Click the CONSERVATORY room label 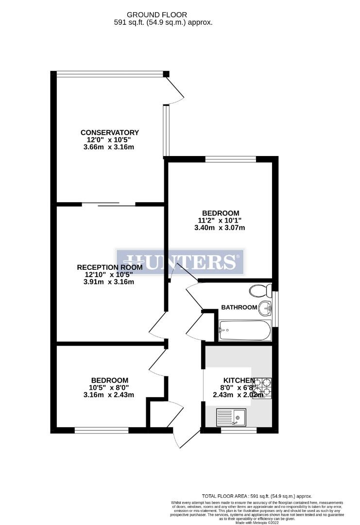pyautogui.click(x=110, y=133)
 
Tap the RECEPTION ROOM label pyautogui.click(x=110, y=267)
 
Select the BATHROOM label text pyautogui.click(x=239, y=307)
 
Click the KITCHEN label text pyautogui.click(x=239, y=380)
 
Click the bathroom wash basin pyautogui.click(x=265, y=307)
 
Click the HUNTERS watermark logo pyautogui.click(x=180, y=262)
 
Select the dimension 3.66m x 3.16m pyautogui.click(x=109, y=147)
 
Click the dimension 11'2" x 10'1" pyautogui.click(x=221, y=220)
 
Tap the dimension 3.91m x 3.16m pyautogui.click(x=109, y=281)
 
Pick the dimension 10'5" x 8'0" pyautogui.click(x=109, y=387)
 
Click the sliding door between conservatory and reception pyautogui.click(x=108, y=204)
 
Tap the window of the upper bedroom pyautogui.click(x=230, y=159)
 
